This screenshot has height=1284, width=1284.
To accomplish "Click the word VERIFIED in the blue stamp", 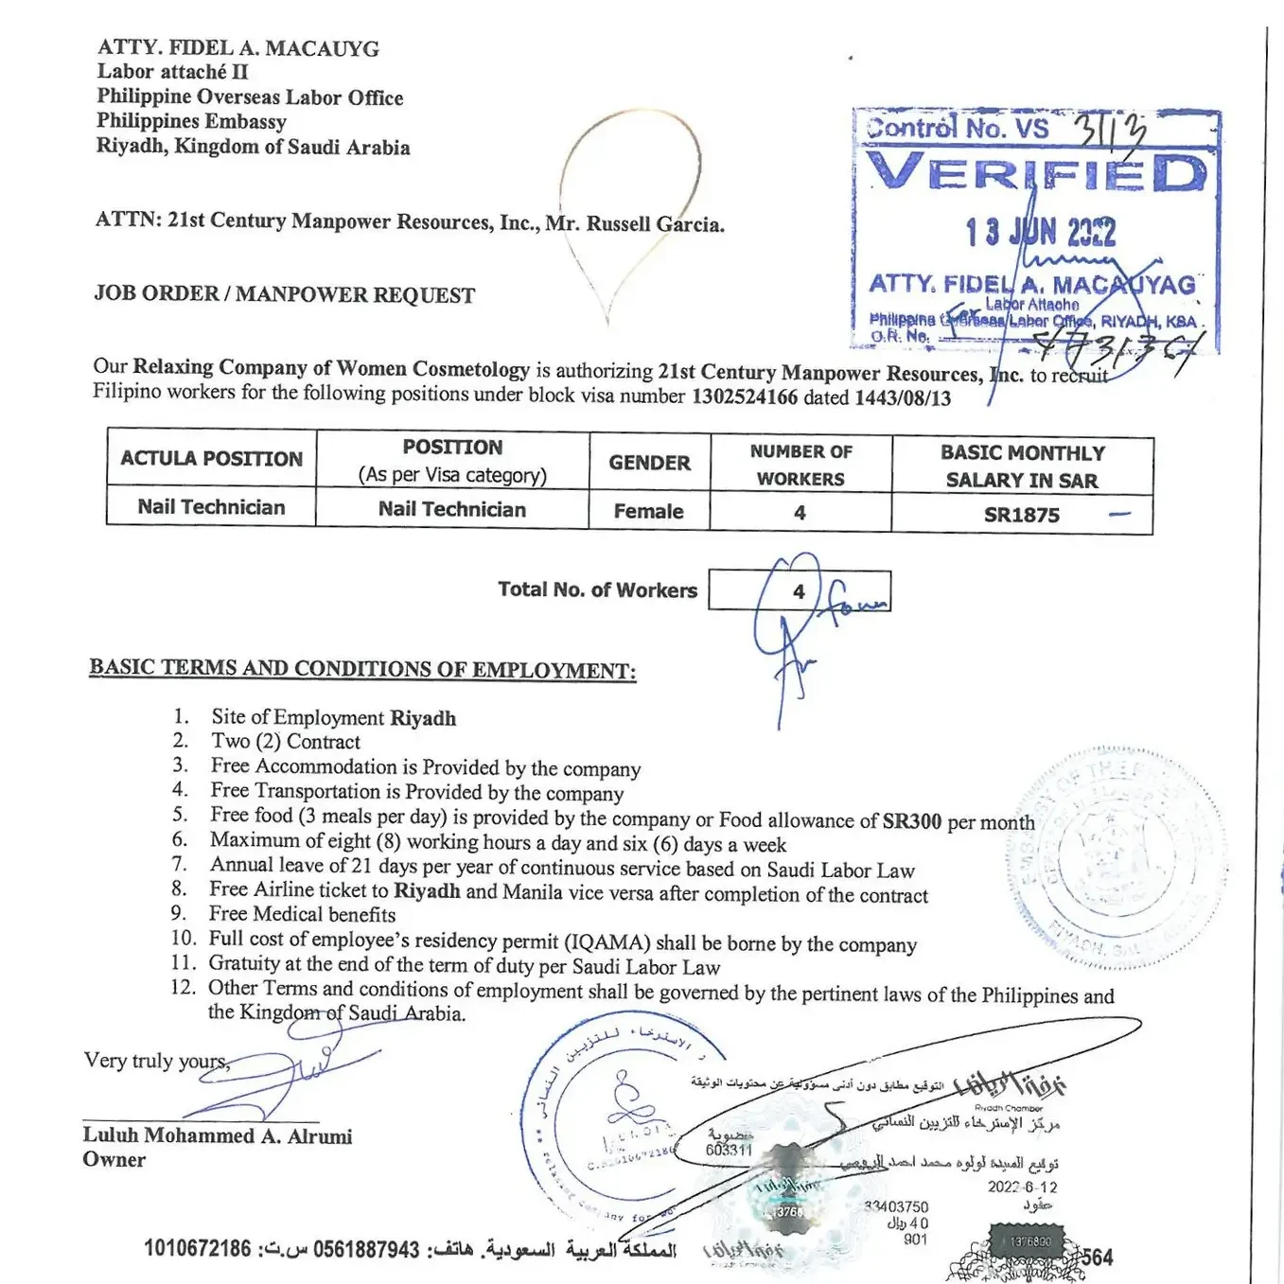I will point(1037,173).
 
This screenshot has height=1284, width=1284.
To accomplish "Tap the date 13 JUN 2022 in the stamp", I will point(1040,232).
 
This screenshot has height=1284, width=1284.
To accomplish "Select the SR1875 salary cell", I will point(1022,516).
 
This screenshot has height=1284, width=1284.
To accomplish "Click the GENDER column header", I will point(649,463).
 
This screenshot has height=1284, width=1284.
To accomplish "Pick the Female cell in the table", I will point(648,512).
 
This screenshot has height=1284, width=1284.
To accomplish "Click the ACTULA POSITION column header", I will point(211,459).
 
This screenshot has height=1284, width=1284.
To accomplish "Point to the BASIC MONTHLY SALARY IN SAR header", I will point(1022,466).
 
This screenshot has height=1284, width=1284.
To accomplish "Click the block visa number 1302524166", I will point(745,397).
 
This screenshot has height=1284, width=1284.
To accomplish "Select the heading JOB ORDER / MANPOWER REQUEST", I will point(284,294).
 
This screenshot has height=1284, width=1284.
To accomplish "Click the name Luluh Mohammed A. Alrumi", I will point(217,1135).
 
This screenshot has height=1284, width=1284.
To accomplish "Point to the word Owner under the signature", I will point(114,1160).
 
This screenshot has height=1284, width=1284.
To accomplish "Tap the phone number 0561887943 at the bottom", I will point(366,1250).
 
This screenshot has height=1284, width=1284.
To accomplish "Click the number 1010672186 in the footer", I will point(198,1249).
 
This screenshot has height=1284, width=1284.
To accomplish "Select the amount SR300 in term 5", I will point(911,821).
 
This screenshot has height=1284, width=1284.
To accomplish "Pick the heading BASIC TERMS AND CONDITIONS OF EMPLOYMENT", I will point(362,669).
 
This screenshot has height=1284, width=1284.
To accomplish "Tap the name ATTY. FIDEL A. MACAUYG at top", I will point(237,48).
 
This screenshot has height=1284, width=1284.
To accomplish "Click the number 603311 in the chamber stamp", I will point(729,1150).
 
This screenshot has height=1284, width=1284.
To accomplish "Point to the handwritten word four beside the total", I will point(856,600).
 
